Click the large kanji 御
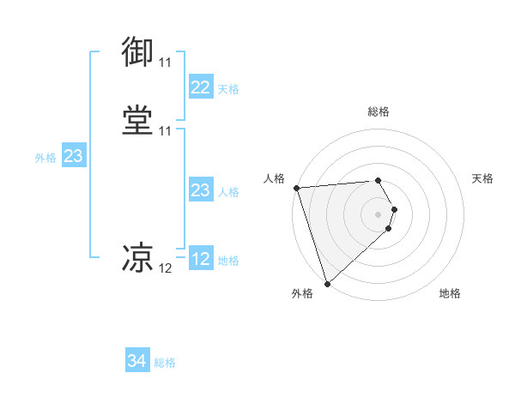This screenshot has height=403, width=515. coord(138,52)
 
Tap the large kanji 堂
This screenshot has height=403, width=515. coord(138,120)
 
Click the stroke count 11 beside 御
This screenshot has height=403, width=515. coord(165,63)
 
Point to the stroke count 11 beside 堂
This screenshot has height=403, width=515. coord(165,131)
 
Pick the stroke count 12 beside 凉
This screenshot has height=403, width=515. coord(165,268)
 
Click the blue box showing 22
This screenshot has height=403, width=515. coord(200,87)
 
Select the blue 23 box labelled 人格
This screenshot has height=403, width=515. coord(200,190)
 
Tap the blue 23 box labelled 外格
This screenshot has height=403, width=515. coord(73,156)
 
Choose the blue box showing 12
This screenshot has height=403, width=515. coord(200,259)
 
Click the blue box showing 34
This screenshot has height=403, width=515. coord(137,362)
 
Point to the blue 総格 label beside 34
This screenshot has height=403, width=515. coord(165,364)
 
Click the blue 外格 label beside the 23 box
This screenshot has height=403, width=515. coord(45,158)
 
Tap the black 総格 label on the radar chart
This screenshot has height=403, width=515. coord(379,111)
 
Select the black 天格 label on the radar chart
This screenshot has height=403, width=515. coord(482,178)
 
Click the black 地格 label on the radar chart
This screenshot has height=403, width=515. coord(450,294)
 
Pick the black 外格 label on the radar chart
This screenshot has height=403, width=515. coord(302,294)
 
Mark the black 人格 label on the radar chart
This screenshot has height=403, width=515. coord(274,178)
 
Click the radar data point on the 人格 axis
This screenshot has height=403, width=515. coord(296,188)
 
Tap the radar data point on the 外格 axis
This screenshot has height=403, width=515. coord(327,282)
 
